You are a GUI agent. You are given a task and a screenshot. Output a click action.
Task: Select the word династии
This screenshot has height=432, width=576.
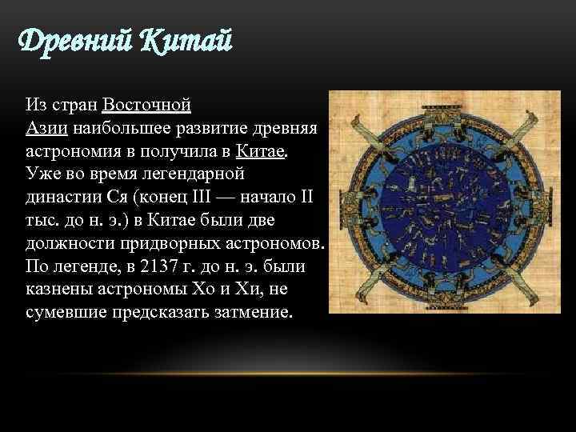click(x=64, y=196)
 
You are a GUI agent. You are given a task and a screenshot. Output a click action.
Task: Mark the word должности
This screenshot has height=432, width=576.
click(x=68, y=242)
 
